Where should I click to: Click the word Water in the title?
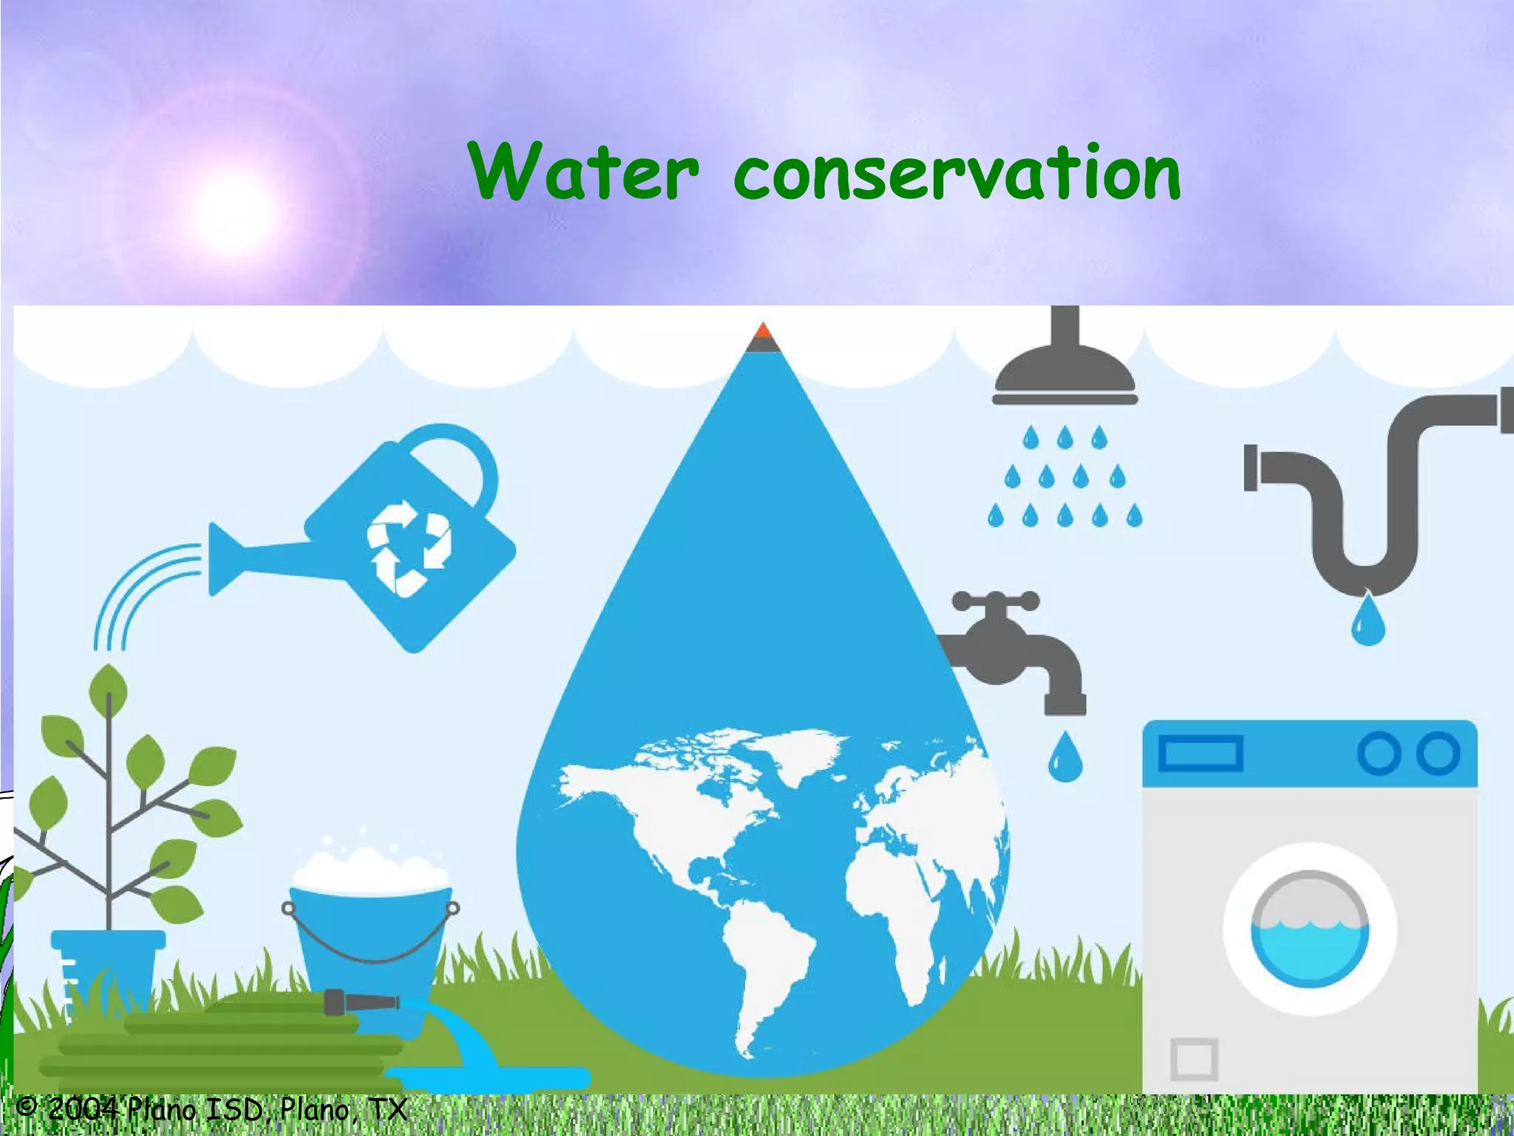(x=583, y=172)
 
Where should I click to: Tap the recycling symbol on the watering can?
(x=408, y=547)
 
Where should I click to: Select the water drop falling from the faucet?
(x=1065, y=759)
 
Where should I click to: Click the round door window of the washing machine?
(x=1309, y=930)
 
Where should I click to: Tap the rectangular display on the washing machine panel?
(x=1200, y=754)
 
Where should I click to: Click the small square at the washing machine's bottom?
(x=1194, y=1058)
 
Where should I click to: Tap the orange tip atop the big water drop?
(x=764, y=330)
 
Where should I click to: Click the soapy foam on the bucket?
(x=370, y=870)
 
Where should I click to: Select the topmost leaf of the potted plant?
(x=108, y=688)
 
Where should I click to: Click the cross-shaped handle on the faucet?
(x=995, y=601)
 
